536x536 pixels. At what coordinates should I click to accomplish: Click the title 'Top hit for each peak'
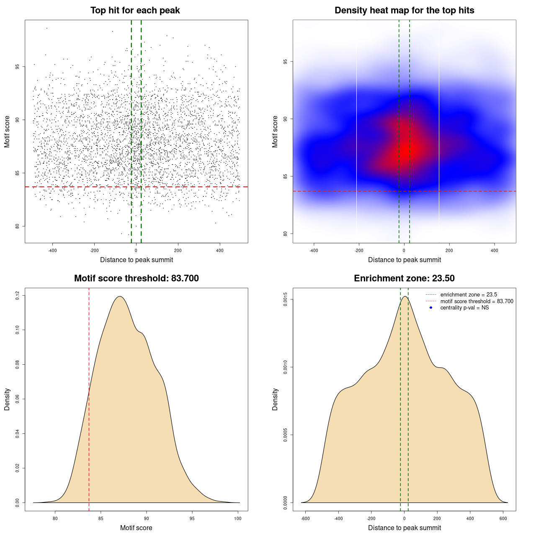click(135, 10)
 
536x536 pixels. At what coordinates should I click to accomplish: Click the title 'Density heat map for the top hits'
click(404, 10)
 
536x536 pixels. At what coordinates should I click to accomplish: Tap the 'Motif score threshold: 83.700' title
click(136, 278)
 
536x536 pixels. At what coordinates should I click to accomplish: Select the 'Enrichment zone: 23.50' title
click(404, 278)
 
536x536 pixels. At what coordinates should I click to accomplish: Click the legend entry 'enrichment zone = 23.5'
click(469, 295)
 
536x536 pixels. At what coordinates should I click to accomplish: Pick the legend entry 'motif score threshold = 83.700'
click(477, 301)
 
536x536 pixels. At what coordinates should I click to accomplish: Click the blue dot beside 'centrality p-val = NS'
click(431, 308)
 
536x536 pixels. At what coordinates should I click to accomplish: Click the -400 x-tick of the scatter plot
click(52, 250)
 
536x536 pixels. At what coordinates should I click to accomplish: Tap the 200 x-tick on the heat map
click(449, 250)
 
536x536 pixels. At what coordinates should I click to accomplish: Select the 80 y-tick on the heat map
click(286, 234)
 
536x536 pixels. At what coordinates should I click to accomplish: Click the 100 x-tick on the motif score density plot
click(238, 518)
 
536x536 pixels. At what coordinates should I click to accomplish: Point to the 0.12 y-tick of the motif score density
click(18, 296)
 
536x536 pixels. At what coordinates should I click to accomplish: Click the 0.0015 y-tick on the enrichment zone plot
click(286, 299)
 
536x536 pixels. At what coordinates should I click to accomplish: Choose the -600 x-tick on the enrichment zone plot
click(305, 518)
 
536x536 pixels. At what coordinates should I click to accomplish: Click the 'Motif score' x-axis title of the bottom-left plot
click(136, 528)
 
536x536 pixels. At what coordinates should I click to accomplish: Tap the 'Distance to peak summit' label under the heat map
click(404, 260)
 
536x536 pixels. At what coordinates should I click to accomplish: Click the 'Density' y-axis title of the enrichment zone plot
click(275, 399)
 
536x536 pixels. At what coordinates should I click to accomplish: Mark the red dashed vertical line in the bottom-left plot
click(89, 398)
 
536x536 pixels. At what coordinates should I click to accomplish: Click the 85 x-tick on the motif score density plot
click(100, 518)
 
